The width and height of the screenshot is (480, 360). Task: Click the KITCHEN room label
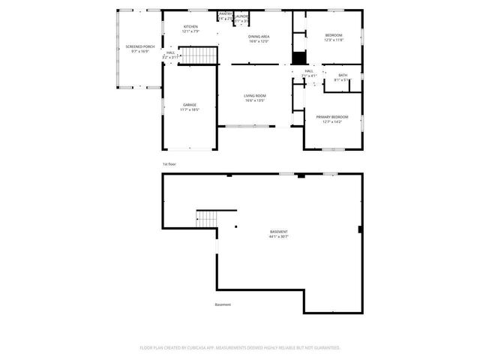(191, 27)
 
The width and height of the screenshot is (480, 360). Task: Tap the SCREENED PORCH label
(139, 46)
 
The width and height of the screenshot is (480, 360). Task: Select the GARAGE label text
(190, 104)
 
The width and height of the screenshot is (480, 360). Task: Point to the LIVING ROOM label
(254, 95)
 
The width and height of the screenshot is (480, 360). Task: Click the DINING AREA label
(259, 36)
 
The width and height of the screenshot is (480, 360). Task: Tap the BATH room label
(343, 75)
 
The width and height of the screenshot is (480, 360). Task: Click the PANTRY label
(225, 13)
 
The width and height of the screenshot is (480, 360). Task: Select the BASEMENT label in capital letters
(278, 232)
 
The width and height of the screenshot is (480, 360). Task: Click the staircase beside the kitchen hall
(200, 55)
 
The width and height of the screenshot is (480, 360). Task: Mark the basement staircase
(206, 218)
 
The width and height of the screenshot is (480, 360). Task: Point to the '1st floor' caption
(169, 164)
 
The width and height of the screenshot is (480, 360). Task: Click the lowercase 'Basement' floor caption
(223, 304)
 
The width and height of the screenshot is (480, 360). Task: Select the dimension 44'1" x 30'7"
(278, 237)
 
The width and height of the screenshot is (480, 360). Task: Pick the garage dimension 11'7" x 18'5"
(190, 109)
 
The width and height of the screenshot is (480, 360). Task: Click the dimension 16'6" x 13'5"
(254, 100)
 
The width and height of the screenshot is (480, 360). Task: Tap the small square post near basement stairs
(235, 226)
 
